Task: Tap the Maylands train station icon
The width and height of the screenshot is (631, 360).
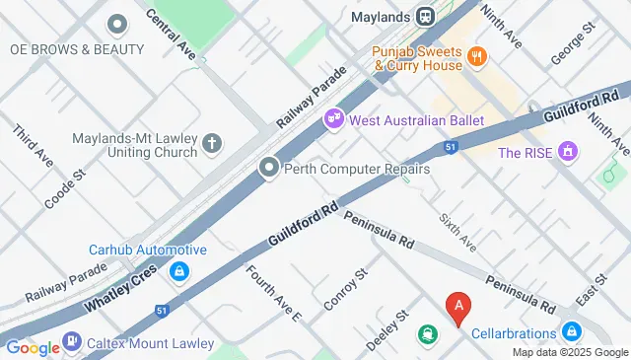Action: pyautogui.click(x=425, y=17)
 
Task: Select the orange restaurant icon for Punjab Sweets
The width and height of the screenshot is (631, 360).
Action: pyautogui.click(x=476, y=56)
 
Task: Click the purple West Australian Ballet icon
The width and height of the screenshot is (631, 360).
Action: pyautogui.click(x=334, y=119)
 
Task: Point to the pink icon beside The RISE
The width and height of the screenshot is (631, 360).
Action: pyautogui.click(x=566, y=152)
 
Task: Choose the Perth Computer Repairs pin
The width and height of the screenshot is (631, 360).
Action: pyautogui.click(x=268, y=169)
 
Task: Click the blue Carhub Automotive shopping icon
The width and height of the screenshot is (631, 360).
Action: pyautogui.click(x=178, y=270)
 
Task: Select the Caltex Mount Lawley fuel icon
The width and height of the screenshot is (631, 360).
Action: pyautogui.click(x=72, y=342)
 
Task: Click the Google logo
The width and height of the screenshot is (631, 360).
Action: pyautogui.click(x=32, y=346)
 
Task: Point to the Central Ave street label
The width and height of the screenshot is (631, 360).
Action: pyautogui.click(x=170, y=33)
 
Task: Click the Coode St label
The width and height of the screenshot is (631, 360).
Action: pyautogui.click(x=66, y=187)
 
